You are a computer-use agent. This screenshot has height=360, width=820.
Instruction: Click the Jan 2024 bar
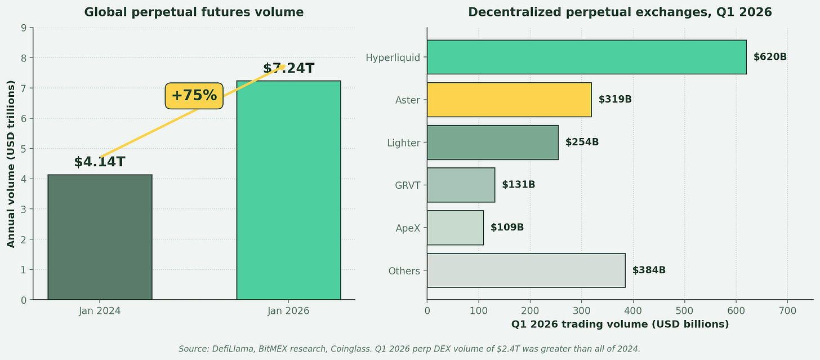coord(100,237)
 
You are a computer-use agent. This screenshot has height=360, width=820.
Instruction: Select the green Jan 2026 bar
coord(288,190)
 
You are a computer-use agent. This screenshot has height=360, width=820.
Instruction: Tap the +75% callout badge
coord(194,96)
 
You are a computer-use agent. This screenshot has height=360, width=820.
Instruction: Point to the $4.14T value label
coord(100,162)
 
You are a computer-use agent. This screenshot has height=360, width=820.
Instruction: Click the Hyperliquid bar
coord(586,57)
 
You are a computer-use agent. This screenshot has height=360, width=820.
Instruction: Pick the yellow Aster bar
coord(509,100)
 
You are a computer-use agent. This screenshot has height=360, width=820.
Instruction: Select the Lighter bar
coord(493,143)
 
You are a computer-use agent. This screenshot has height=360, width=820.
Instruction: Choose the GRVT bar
coord(461,185)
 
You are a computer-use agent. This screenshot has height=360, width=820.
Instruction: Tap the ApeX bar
coord(455,228)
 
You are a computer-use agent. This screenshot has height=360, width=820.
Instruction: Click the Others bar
coord(526,270)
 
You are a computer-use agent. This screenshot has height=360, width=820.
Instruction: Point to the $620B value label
coord(770,57)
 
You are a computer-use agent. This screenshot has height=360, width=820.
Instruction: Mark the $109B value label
coord(507,228)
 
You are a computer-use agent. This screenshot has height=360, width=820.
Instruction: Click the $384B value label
coord(649,270)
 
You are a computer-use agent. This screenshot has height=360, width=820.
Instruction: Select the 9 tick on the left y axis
coord(24,28)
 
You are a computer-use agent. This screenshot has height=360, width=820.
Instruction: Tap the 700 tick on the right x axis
coord(787,311)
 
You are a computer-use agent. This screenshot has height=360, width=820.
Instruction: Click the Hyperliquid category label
coord(393,58)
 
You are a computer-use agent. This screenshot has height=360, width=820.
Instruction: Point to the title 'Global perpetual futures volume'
coord(194,12)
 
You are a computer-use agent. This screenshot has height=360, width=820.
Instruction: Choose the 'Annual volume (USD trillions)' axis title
coord(11,164)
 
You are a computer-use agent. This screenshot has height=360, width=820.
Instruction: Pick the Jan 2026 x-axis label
coord(288,311)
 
